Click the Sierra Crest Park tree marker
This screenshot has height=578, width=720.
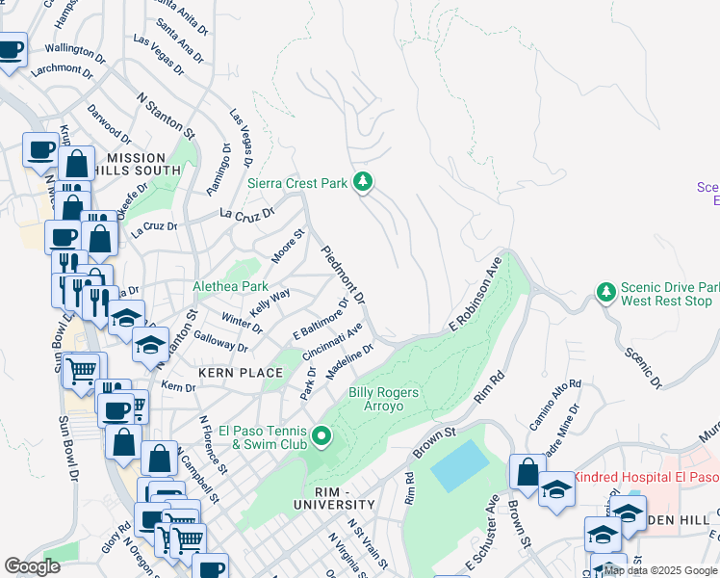click(363, 181)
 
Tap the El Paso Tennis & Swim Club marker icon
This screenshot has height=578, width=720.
click(322, 439)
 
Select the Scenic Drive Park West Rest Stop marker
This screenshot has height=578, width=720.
click(605, 291)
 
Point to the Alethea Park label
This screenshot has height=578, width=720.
click(230, 286)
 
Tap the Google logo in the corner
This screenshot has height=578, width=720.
click(32, 565)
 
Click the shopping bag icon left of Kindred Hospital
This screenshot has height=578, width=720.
click(527, 472)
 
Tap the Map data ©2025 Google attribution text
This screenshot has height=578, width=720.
click(661, 570)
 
